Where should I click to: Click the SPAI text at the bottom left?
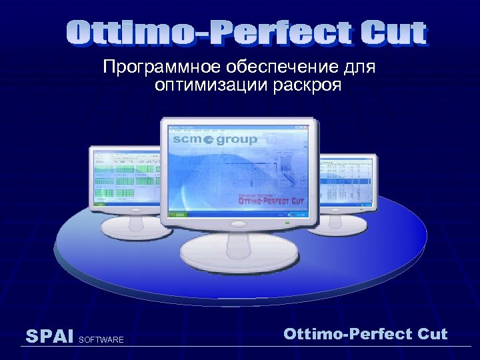49,337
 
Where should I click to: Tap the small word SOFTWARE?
101,341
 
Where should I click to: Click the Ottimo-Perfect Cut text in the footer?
365,334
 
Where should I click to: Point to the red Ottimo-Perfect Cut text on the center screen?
271,199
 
